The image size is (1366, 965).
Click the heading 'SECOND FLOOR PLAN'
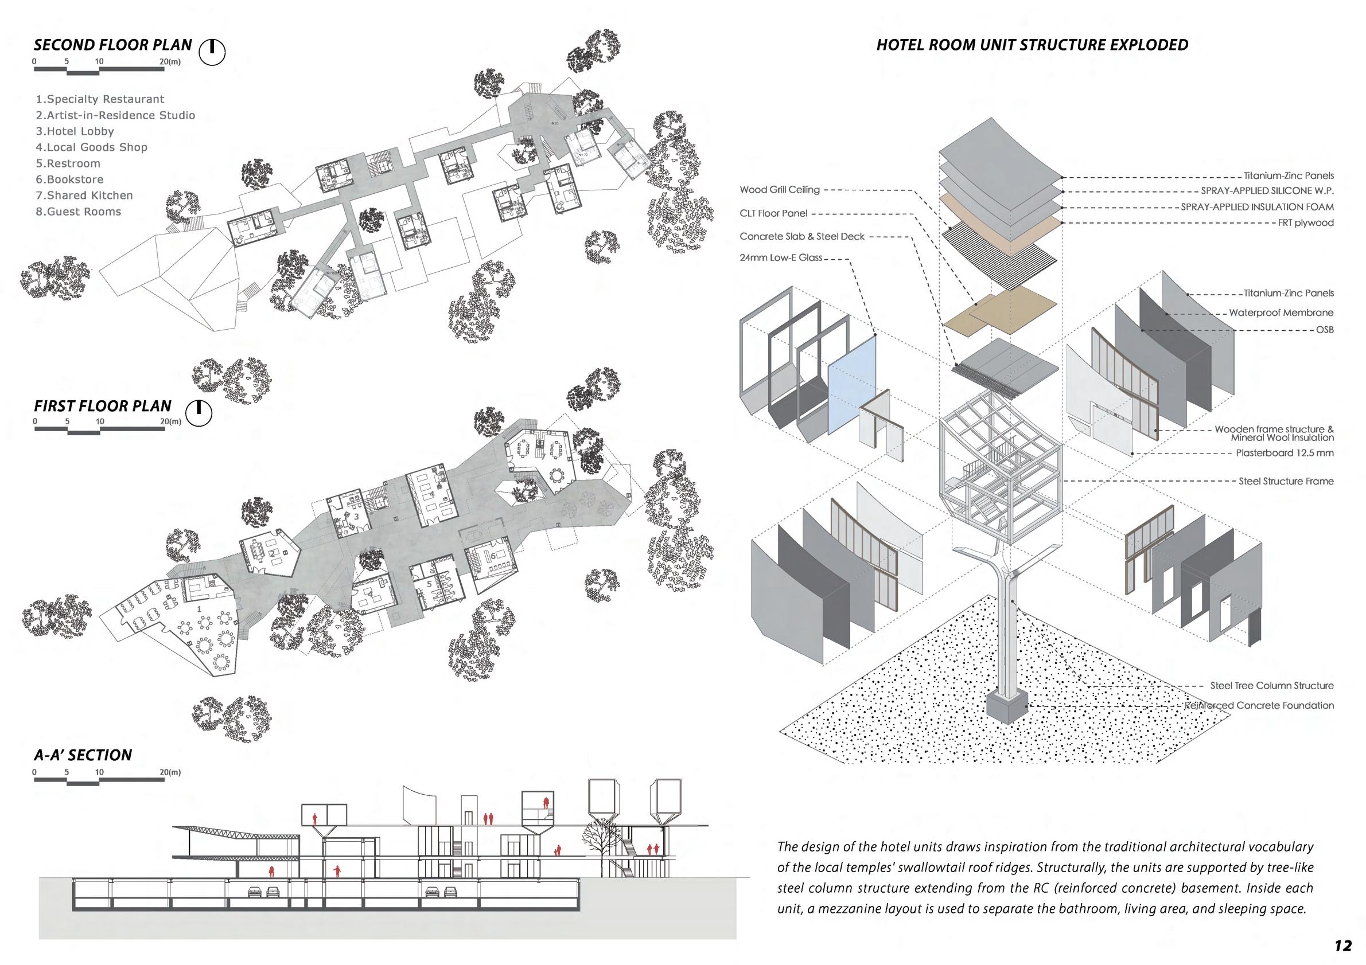(113, 45)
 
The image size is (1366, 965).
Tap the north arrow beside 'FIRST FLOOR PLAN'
(199, 413)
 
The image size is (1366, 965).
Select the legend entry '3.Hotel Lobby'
(75, 131)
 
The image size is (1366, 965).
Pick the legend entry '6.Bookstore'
(69, 179)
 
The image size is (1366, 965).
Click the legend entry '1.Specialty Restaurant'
(100, 99)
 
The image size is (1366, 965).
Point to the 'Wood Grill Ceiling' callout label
(779, 190)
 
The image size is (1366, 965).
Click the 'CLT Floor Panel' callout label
(773, 213)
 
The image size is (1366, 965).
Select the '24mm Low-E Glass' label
(781, 257)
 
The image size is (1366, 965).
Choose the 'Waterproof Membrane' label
(1281, 312)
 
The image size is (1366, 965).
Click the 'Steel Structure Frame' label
(1286, 481)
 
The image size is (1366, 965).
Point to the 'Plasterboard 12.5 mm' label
(1285, 453)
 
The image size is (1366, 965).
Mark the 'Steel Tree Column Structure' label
(1271, 686)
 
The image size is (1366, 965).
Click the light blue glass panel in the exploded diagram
(851, 389)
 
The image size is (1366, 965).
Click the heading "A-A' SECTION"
(83, 756)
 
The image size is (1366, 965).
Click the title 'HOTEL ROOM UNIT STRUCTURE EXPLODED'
(1032, 45)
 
